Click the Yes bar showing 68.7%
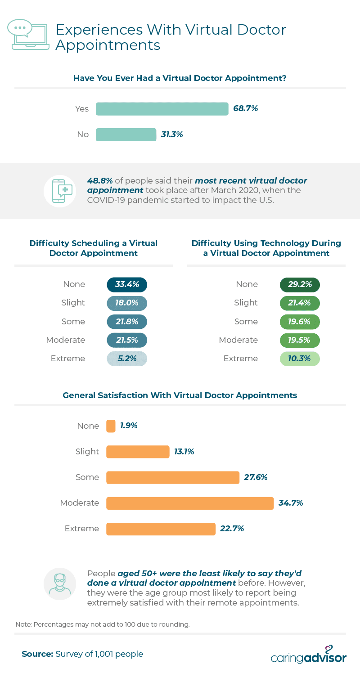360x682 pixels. pyautogui.click(x=162, y=109)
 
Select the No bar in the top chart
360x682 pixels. pyautogui.click(x=126, y=135)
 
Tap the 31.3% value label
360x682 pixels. pyautogui.click(x=172, y=135)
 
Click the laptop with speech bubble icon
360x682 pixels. pyautogui.click(x=28, y=35)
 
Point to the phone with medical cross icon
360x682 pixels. pyautogui.click(x=60, y=191)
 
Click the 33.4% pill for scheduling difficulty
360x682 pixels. pyautogui.click(x=127, y=284)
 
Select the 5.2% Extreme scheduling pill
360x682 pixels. pyautogui.click(x=127, y=359)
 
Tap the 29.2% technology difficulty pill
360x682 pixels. pyautogui.click(x=300, y=284)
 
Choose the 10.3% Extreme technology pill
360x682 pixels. pyautogui.click(x=300, y=359)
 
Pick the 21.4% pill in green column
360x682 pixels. pyautogui.click(x=300, y=303)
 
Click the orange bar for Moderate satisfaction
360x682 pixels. pyautogui.click(x=190, y=503)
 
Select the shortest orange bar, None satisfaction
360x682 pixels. pyautogui.click(x=111, y=426)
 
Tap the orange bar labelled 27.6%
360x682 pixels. pyautogui.click(x=173, y=477)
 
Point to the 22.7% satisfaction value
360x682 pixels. pyautogui.click(x=232, y=529)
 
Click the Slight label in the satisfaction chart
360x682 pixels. pyautogui.click(x=87, y=451)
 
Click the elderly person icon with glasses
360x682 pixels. pyautogui.click(x=60, y=584)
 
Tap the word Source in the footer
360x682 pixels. pyautogui.click(x=38, y=654)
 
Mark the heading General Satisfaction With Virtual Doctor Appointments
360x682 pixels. pyautogui.click(x=180, y=395)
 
